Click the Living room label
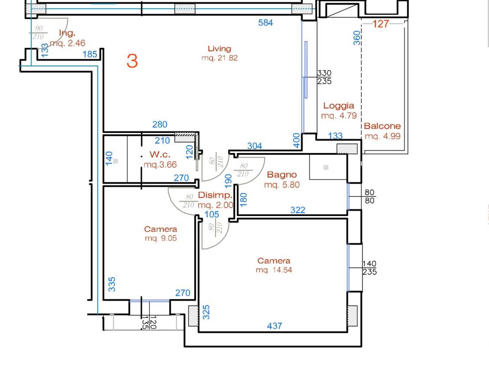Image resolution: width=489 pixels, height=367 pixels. (220, 49)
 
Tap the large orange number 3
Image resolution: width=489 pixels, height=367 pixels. (132, 61)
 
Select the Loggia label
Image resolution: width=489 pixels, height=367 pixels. (339, 106)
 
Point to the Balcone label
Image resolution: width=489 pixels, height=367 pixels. (383, 126)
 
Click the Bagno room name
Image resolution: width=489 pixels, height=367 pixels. (282, 175)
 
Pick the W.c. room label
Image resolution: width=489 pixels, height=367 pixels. (160, 154)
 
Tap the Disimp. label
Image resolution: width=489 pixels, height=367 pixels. (215, 195)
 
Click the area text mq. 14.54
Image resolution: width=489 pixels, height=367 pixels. (274, 270)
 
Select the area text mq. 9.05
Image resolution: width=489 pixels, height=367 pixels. (161, 238)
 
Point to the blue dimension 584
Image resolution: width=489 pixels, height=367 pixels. (266, 23)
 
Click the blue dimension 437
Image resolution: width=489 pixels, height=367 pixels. (275, 326)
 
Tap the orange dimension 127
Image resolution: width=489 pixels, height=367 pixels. (381, 24)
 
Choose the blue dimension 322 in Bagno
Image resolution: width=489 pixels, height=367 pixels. (298, 210)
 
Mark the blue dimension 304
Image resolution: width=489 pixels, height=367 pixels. (255, 146)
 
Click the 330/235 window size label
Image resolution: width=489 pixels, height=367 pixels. (324, 77)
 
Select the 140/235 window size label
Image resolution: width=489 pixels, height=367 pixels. (370, 268)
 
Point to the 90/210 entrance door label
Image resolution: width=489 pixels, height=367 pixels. (38, 32)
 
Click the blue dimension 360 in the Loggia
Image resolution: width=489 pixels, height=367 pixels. (357, 38)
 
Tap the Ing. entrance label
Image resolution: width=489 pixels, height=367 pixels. (67, 33)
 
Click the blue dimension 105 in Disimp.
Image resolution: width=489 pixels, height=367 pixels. (212, 215)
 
